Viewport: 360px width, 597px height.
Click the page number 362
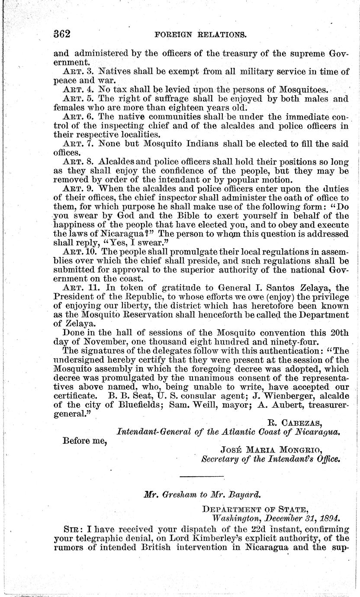(x=62, y=34)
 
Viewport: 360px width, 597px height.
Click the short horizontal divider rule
(x=202, y=476)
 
